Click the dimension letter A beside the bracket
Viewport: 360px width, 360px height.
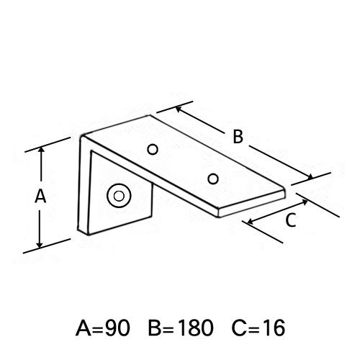tap(40, 196)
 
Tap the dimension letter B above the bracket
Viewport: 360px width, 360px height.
tap(238, 137)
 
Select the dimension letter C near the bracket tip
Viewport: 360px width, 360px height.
tap(291, 220)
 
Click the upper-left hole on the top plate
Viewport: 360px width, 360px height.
tap(153, 150)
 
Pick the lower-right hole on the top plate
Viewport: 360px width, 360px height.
tap(213, 179)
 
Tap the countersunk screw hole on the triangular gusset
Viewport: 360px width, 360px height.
tap(119, 196)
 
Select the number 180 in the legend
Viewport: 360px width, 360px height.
tap(195, 328)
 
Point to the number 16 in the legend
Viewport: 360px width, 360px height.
tap(274, 328)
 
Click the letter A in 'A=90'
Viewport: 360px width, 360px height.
tap(84, 328)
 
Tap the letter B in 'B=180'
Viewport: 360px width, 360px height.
tap(155, 328)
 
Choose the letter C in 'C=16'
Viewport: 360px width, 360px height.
tap(238, 328)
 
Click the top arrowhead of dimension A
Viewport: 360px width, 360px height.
tap(42, 150)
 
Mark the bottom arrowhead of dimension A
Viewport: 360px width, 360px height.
tap(40, 244)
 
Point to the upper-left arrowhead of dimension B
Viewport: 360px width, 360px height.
tap(179, 109)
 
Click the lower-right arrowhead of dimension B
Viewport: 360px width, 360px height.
tap(310, 176)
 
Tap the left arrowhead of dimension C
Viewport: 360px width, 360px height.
tap(250, 221)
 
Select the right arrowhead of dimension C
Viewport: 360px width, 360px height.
tap(305, 202)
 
